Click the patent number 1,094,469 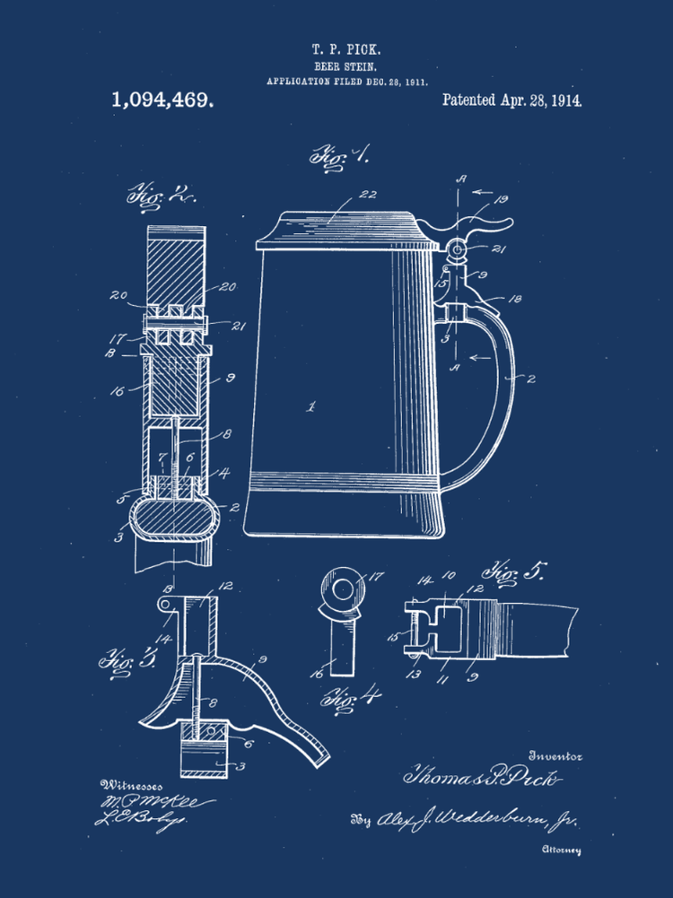tap(162, 99)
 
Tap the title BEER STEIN tap(338, 66)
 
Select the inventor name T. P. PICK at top tap(339, 49)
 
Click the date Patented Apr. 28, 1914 tap(512, 99)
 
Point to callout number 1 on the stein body tap(311, 406)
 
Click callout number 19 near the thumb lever tap(501, 200)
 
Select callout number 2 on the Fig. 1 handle tap(530, 379)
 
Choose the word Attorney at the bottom tap(562, 848)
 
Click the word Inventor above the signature tap(557, 755)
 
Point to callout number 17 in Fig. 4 tap(375, 578)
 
